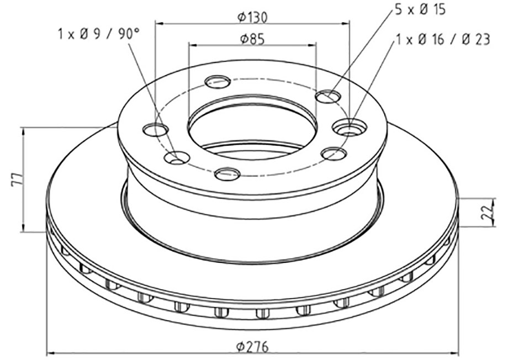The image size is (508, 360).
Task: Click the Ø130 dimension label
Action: tap(252, 17)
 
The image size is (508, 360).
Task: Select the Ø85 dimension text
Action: tap(252, 39)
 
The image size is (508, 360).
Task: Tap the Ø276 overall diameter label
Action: tap(252, 347)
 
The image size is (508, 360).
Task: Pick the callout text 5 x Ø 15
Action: tap(420, 9)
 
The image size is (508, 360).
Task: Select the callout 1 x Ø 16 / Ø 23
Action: tap(442, 40)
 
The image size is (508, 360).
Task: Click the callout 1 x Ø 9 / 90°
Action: tap(99, 34)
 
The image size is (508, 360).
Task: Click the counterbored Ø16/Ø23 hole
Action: tap(350, 127)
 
